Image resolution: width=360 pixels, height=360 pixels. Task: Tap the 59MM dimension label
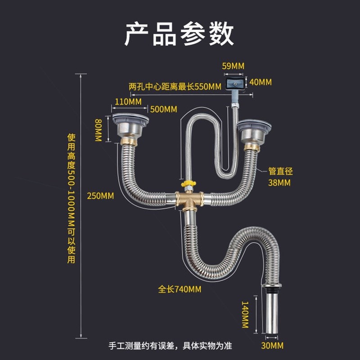(x=233, y=66)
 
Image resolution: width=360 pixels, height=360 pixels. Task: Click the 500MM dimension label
(x=163, y=109)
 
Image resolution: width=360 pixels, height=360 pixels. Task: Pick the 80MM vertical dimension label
(x=99, y=130)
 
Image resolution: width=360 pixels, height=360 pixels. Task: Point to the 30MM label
(x=273, y=346)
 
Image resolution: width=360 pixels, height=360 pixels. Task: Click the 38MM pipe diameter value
(x=279, y=183)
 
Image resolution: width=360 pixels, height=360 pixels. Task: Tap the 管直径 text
(x=280, y=171)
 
